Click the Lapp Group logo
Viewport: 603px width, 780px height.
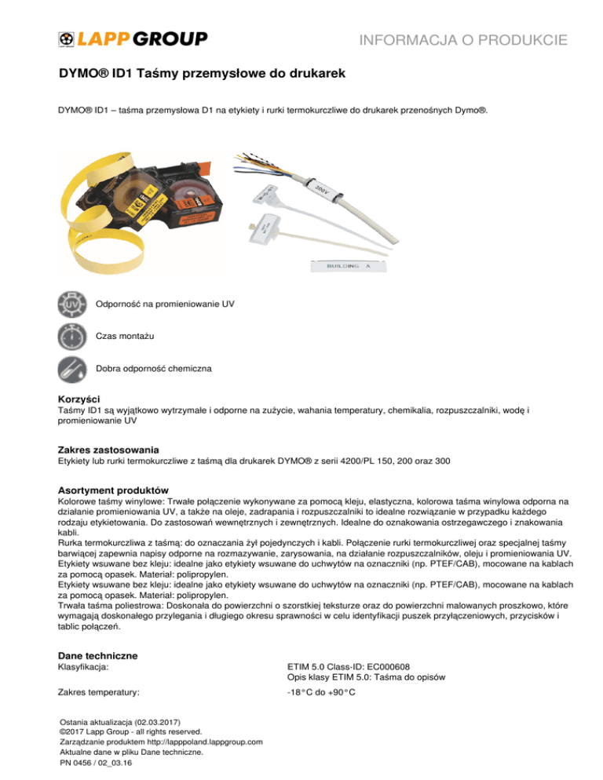coord(133,38)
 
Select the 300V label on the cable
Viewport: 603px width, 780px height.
coord(320,191)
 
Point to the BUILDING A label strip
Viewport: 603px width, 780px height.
coord(342,267)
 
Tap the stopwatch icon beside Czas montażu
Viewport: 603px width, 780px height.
coord(73,336)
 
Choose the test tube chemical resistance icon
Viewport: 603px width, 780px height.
coord(73,368)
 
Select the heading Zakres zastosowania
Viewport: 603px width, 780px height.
coord(108,450)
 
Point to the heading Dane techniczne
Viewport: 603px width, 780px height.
coord(99,654)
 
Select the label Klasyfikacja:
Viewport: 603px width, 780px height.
coord(84,668)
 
